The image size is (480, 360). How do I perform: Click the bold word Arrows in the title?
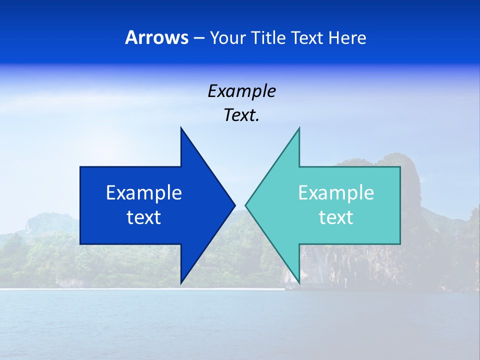(156, 37)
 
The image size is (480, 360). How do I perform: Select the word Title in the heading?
(268, 37)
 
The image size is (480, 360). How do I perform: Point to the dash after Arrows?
(198, 38)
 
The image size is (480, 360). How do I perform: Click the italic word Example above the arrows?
(241, 91)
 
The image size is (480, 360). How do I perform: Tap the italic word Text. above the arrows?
(241, 115)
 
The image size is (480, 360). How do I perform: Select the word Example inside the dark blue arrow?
(144, 192)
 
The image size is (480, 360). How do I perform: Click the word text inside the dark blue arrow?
(144, 217)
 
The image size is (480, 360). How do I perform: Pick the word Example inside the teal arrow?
(336, 192)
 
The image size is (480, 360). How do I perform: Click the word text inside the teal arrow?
(336, 217)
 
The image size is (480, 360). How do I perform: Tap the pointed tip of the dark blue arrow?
(234, 205)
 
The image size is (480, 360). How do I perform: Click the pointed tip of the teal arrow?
(246, 205)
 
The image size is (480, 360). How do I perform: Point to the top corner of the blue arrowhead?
(181, 128)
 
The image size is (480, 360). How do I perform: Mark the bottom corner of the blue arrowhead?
(181, 282)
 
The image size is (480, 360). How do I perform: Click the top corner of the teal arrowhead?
(299, 128)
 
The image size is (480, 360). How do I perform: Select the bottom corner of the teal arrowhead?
(299, 282)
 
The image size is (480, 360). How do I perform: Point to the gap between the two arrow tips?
(240, 205)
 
